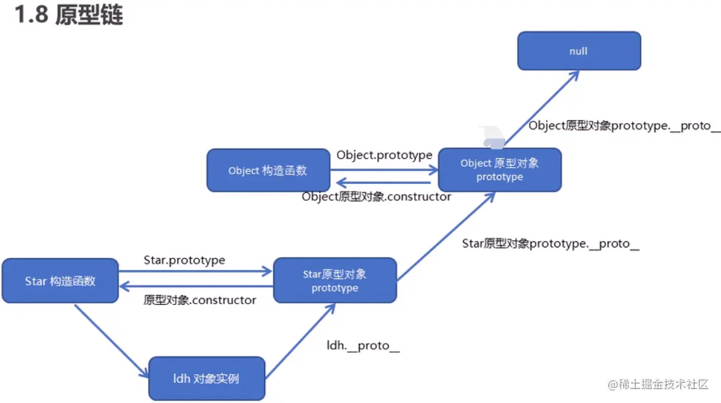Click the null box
579,51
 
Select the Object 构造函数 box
268,171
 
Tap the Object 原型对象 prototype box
499,170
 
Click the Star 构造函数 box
60,281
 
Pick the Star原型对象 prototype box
334,281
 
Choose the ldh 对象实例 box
206,378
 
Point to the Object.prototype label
384,155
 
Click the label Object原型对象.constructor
377,196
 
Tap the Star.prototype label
184,259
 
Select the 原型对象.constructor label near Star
200,300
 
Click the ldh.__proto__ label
363,345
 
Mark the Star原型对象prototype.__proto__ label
550,244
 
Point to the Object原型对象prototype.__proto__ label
623,125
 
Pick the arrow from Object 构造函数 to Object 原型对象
384,169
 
